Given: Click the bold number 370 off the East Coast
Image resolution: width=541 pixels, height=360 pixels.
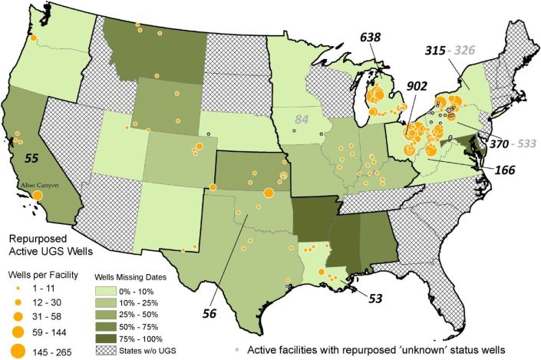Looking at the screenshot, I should (481, 144).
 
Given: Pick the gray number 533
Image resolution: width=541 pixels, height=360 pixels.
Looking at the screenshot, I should (515, 144).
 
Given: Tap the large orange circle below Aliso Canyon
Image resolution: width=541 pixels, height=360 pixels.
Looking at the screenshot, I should (37, 197).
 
